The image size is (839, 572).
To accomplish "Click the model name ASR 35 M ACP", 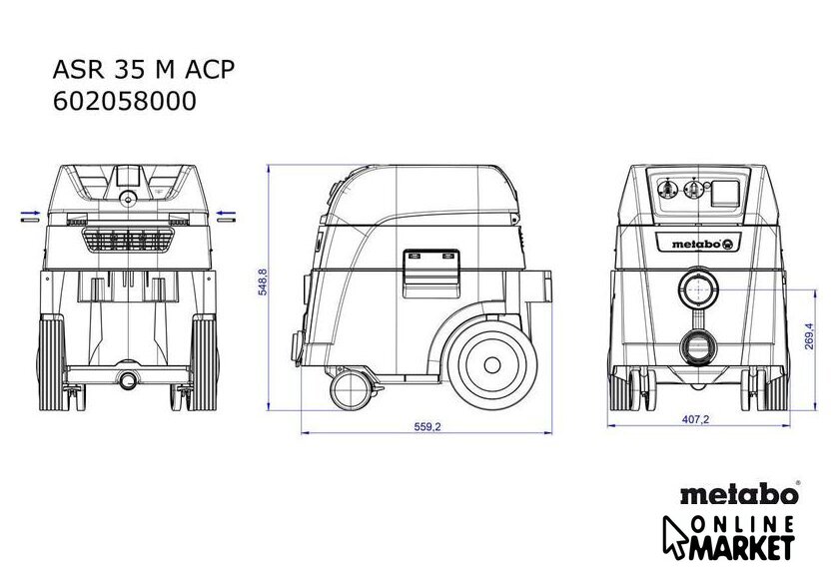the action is click(x=144, y=70).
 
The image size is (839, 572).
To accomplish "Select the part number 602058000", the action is click(x=124, y=101).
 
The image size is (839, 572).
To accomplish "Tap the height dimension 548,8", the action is click(x=263, y=282).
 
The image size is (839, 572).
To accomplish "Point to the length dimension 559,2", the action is click(x=427, y=426).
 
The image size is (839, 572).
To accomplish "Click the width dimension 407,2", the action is click(x=695, y=419).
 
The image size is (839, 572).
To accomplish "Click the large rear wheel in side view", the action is click(x=492, y=365).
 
